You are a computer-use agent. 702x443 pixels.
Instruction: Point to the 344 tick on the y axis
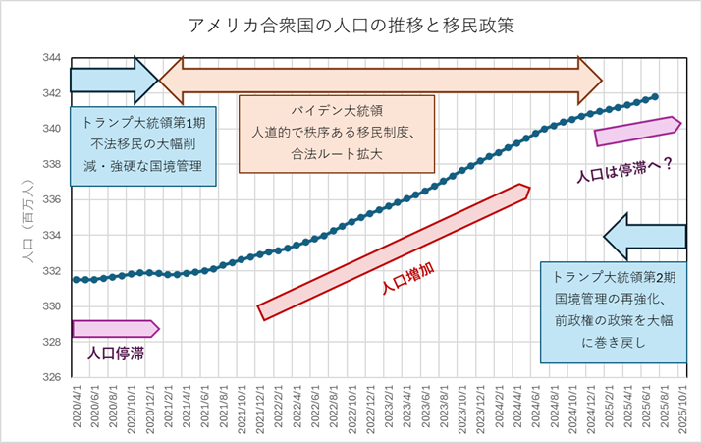(x=52, y=58)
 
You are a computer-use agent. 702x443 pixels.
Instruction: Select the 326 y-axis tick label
(x=52, y=377)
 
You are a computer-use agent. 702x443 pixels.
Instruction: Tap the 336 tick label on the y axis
(x=52, y=199)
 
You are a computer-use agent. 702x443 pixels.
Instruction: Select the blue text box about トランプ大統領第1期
(x=143, y=145)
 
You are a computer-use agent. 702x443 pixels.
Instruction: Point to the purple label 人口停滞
(x=116, y=351)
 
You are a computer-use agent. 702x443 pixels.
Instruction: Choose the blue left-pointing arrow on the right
(x=645, y=236)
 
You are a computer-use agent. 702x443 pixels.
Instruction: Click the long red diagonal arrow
(x=393, y=252)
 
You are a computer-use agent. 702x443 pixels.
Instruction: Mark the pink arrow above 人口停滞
(x=114, y=328)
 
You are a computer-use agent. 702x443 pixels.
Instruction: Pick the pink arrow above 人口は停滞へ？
(x=637, y=131)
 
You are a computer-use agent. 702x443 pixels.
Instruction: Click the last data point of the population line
(x=655, y=97)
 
